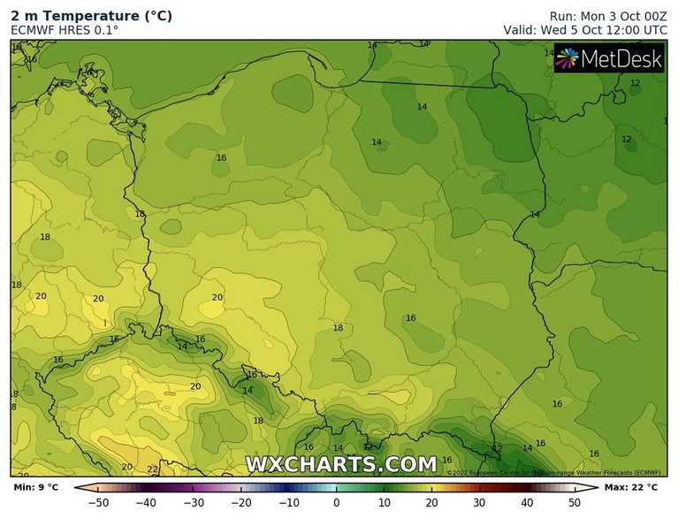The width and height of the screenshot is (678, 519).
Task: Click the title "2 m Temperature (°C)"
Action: (x=91, y=16)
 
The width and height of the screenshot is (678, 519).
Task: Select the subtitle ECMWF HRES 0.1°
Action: (x=65, y=30)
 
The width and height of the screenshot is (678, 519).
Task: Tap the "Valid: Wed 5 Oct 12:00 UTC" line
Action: (x=585, y=30)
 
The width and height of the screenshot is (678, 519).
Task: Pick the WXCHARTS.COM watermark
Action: (x=340, y=464)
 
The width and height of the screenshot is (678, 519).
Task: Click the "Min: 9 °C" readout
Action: (x=36, y=487)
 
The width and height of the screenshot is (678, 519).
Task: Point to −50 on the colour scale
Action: (x=100, y=503)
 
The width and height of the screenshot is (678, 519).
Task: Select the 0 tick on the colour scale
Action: (x=337, y=503)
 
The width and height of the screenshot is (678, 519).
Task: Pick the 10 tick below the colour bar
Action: (x=384, y=503)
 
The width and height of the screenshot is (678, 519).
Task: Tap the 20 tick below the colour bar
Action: (x=431, y=503)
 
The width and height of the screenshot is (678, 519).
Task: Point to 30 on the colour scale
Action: (x=478, y=503)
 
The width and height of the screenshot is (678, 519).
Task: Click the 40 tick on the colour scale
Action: (x=526, y=503)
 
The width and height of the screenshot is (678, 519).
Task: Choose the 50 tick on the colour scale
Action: (x=574, y=503)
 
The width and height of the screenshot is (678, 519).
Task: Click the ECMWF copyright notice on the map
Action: (x=554, y=472)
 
